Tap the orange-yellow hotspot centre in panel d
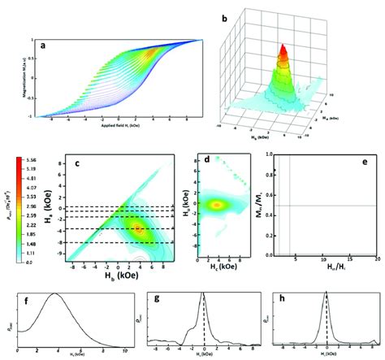coord(217,205)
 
